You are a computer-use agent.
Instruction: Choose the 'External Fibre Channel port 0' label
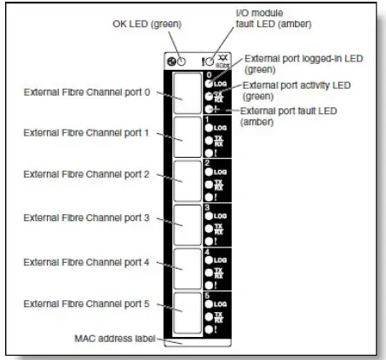(89, 93)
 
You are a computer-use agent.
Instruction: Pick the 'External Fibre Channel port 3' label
(89, 218)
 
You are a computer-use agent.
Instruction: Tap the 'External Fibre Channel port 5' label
(89, 302)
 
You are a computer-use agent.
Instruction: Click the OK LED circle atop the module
(175, 61)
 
